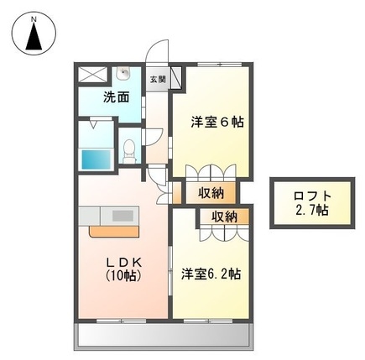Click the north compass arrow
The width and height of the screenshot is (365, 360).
tap(34, 35)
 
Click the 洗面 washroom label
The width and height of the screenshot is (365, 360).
tap(117, 97)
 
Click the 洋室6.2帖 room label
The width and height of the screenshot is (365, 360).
tap(211, 273)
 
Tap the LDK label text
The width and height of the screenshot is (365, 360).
tap(125, 260)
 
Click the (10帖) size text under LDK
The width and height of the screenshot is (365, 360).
tap(125, 274)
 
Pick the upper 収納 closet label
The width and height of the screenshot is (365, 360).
tap(211, 193)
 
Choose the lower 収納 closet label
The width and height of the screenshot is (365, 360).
tap(222, 217)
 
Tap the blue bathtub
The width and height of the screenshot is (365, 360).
tap(98, 156)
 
